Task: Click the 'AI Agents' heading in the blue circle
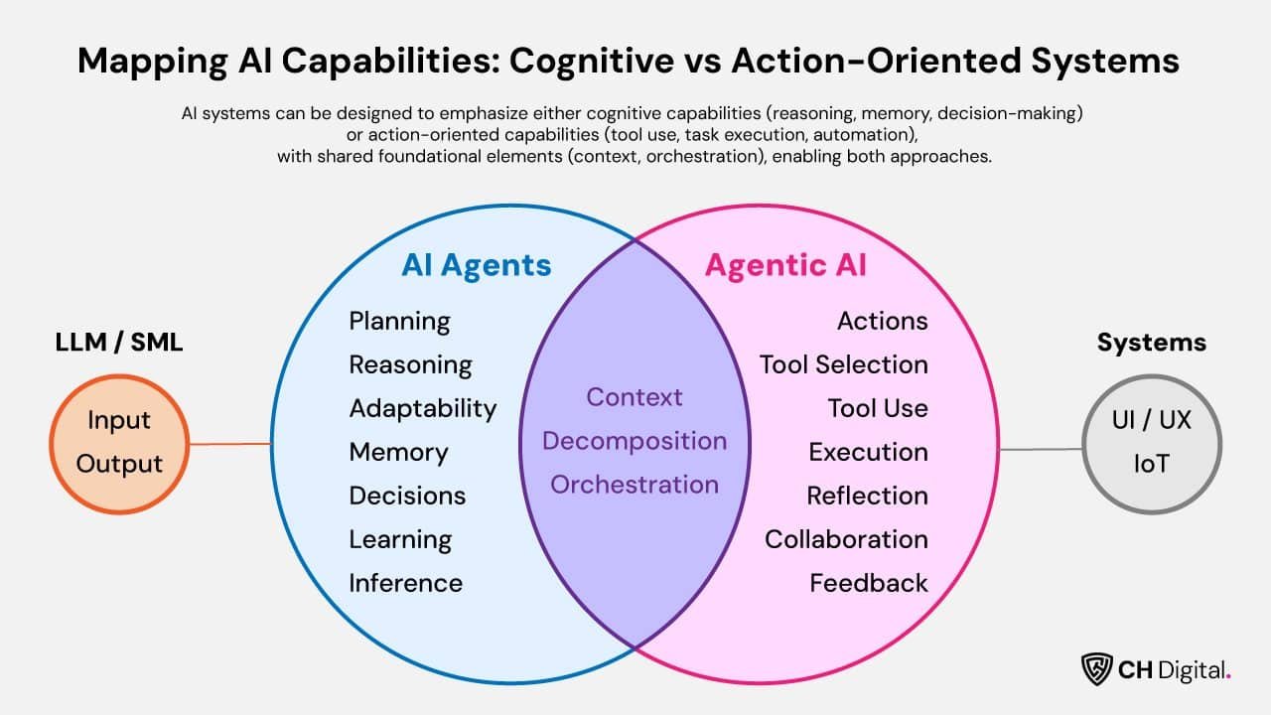click(476, 265)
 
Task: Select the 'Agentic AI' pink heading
click(784, 265)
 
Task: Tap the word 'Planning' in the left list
click(399, 322)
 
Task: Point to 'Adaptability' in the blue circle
click(422, 408)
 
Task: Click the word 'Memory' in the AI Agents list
click(398, 452)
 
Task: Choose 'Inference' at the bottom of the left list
click(405, 583)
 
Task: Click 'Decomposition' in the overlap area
click(635, 441)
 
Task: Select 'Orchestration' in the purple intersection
click(635, 485)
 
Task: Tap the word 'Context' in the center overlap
click(635, 397)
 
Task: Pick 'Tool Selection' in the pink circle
click(843, 364)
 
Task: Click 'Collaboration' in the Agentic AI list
click(846, 539)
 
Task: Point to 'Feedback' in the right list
click(868, 583)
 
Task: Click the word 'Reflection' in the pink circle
click(867, 496)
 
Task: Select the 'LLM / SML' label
click(119, 343)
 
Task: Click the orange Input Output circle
click(119, 443)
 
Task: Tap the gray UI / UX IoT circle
click(1151, 443)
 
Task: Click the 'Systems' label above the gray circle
click(1151, 343)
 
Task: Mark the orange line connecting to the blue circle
click(229, 444)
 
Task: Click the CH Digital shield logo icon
click(1096, 668)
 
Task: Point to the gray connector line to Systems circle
click(1041, 449)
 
